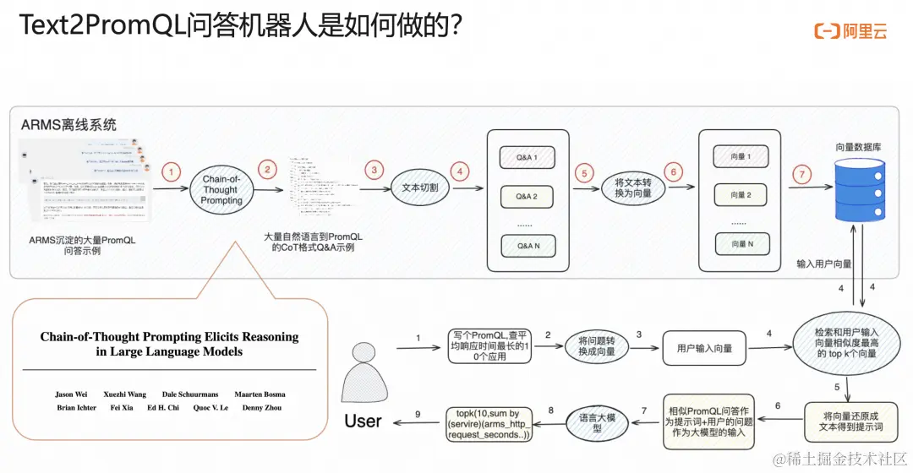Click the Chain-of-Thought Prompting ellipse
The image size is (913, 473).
[221, 190]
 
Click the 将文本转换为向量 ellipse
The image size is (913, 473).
[631, 189]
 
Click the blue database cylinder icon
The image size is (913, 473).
[858, 188]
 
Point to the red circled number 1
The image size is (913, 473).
[172, 172]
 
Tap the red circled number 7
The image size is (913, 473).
[800, 174]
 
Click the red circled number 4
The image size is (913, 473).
[460, 171]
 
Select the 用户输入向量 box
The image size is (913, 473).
[704, 348]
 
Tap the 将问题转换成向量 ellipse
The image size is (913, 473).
[596, 347]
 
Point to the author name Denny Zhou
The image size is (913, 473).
[265, 408]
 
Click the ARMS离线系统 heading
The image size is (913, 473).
[68, 125]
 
